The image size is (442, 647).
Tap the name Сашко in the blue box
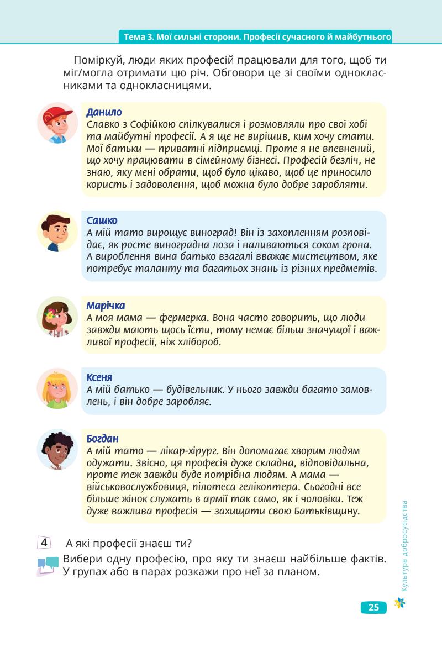pyautogui.click(x=102, y=220)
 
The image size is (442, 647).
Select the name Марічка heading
pyautogui.click(x=106, y=306)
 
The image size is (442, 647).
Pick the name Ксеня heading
pyautogui.click(x=100, y=377)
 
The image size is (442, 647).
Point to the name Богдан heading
pyautogui.click(x=103, y=439)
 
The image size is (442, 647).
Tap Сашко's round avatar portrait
pyautogui.click(x=58, y=231)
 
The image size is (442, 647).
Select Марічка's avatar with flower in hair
pyautogui.click(x=58, y=317)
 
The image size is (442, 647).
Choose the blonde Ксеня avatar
pyautogui.click(x=58, y=389)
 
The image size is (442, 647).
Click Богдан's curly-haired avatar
pyautogui.click(x=58, y=450)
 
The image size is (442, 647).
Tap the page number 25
pyautogui.click(x=373, y=607)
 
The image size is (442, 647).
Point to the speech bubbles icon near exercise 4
pyautogui.click(x=48, y=565)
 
